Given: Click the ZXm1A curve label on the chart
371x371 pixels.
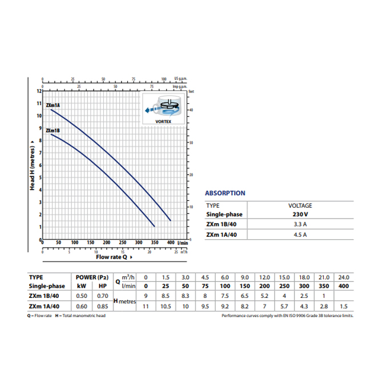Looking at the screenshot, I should coord(53,105).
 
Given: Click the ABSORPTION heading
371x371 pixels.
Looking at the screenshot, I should coord(225,193).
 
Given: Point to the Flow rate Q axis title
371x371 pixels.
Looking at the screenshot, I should coord(111,256).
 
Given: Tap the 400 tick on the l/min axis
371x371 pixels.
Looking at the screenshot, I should coord(170,243).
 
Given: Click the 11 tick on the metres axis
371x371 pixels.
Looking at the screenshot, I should coord(39,104).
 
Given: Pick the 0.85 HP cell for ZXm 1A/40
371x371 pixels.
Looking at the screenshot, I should coord(101,307).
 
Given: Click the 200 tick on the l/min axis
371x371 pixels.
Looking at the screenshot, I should coord(106,243).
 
